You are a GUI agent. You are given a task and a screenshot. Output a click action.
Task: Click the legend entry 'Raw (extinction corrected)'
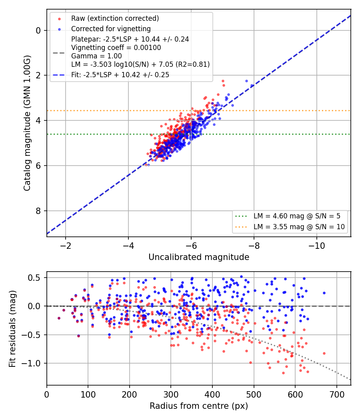coord(115,18)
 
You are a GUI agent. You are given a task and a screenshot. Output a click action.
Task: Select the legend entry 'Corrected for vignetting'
coord(111,29)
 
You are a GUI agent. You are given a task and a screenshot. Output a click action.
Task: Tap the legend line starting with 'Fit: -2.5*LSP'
coord(120,75)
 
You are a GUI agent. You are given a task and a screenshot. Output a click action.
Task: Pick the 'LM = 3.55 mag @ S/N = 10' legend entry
coord(299,227)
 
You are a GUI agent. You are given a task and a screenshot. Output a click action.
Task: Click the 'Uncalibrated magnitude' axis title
coord(199,257)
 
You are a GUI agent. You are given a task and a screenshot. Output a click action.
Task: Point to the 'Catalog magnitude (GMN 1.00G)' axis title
coord(27,123)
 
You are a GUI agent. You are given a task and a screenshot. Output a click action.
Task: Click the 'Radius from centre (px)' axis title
coord(199,406)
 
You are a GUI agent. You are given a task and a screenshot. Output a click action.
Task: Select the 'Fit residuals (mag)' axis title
coord(12,329)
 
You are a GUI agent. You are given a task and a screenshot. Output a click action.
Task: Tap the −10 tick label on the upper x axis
coord(317,246)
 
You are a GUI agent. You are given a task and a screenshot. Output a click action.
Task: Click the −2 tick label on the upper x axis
coord(65,246)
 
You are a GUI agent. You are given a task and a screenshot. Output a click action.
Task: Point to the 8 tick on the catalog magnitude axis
coord(38,211)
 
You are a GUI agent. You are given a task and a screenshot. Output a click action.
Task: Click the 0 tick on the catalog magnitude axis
coord(38,30)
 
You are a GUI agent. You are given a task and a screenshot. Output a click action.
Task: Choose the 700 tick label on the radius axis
coord(337,394)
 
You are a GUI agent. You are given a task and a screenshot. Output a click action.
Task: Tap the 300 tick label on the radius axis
coord(171,394)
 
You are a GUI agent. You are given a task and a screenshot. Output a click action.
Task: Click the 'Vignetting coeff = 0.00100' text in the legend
coord(116,48)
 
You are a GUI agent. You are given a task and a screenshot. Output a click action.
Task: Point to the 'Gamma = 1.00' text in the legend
coord(96,56)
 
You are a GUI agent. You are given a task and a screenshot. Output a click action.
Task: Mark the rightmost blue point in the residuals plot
coord(324,293)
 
